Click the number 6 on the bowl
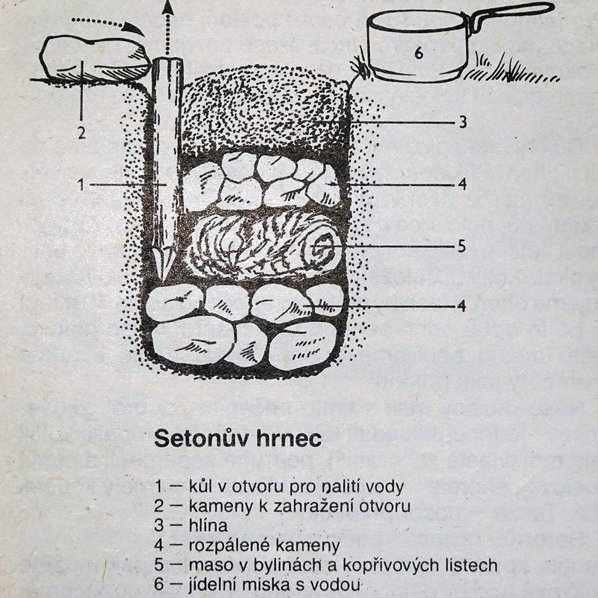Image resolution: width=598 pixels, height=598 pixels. (418, 53)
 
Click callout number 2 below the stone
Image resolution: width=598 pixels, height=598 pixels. (82, 132)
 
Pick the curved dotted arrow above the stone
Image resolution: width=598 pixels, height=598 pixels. (107, 23)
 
